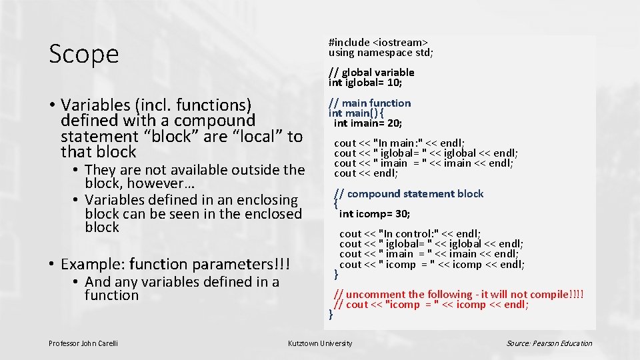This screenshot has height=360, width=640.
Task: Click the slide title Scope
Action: point(84,54)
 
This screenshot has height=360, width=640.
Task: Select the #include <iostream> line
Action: point(378,42)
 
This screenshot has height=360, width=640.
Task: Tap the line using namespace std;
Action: point(381,52)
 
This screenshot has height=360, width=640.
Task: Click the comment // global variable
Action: point(371,72)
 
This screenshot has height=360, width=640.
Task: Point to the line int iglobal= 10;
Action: point(365,83)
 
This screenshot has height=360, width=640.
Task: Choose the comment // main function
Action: point(370,103)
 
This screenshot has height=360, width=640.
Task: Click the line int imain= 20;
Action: point(368,123)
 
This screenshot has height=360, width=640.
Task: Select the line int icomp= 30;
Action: point(375,214)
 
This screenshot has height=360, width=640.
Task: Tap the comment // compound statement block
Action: point(409,194)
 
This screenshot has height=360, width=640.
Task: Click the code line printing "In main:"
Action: point(399,143)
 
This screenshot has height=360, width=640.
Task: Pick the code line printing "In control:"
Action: point(410,234)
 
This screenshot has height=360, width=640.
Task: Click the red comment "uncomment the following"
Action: point(459,294)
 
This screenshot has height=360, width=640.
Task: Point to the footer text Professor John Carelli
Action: point(83,343)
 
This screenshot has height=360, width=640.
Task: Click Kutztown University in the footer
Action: point(320,343)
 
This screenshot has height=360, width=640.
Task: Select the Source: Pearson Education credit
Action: point(549,343)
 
